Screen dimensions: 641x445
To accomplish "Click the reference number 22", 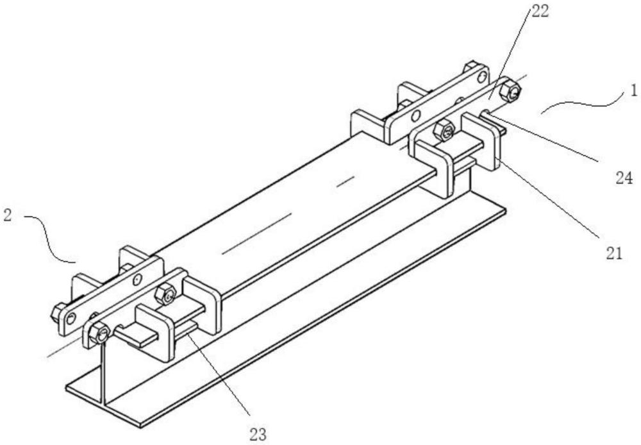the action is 540,12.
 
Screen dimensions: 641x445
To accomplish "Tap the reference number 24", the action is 624,178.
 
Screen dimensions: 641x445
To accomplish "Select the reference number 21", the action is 613,254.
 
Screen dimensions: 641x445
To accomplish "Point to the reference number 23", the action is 258,434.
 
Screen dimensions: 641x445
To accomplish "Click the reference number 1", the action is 633,90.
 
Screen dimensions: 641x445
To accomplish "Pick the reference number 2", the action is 7,215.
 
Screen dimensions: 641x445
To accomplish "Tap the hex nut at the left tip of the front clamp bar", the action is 99,333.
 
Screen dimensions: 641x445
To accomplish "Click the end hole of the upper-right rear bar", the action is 483,76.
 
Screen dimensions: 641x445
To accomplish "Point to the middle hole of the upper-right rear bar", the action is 415,117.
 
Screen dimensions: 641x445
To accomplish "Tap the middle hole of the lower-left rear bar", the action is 138,280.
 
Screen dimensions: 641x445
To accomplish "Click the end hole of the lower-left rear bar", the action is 72,319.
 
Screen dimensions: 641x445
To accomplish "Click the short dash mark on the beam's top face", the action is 345,181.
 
